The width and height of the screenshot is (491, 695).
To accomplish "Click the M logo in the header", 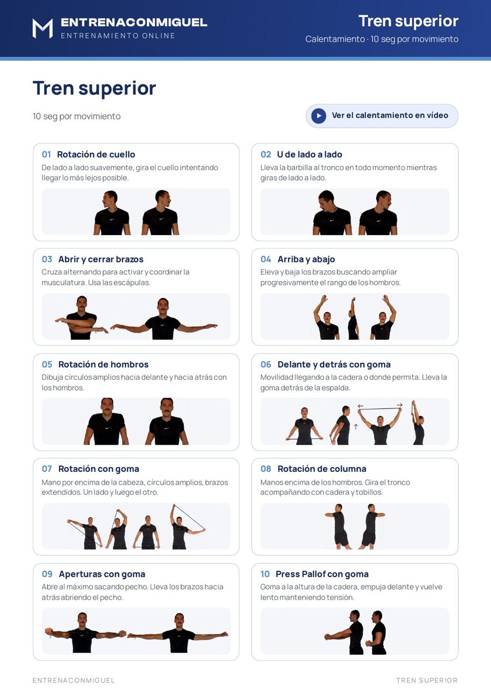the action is [x=43, y=28].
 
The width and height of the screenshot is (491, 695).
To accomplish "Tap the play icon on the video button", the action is [x=319, y=116].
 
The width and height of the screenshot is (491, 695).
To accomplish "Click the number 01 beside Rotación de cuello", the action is [x=46, y=154].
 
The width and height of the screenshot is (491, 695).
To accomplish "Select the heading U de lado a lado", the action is [x=309, y=154].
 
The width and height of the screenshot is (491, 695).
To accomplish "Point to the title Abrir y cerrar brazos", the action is [x=101, y=259].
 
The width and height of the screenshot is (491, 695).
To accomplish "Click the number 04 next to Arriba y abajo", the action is [x=266, y=259].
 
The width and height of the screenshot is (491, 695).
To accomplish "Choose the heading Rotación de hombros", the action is [x=103, y=364].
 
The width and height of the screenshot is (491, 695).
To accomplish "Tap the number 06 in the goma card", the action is [x=266, y=364].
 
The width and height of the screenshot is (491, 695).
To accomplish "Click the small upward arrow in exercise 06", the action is [x=356, y=427].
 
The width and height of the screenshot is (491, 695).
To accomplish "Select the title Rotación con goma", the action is [x=99, y=469].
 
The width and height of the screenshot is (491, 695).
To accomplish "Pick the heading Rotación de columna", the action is [x=322, y=469].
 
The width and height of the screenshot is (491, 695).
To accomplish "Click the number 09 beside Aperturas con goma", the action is [x=47, y=574].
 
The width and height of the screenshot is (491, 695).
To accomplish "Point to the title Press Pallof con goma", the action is [x=322, y=574].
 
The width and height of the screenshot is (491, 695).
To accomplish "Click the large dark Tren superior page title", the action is [x=94, y=88].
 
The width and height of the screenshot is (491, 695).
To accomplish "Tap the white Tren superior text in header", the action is [x=409, y=21].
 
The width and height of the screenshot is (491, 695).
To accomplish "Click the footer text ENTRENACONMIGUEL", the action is [x=74, y=680].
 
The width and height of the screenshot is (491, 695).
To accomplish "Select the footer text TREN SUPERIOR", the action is [x=427, y=680].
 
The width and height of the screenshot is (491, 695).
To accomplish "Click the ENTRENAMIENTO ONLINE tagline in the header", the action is [x=118, y=35].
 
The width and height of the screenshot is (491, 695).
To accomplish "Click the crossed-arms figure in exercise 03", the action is [x=81, y=317].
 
